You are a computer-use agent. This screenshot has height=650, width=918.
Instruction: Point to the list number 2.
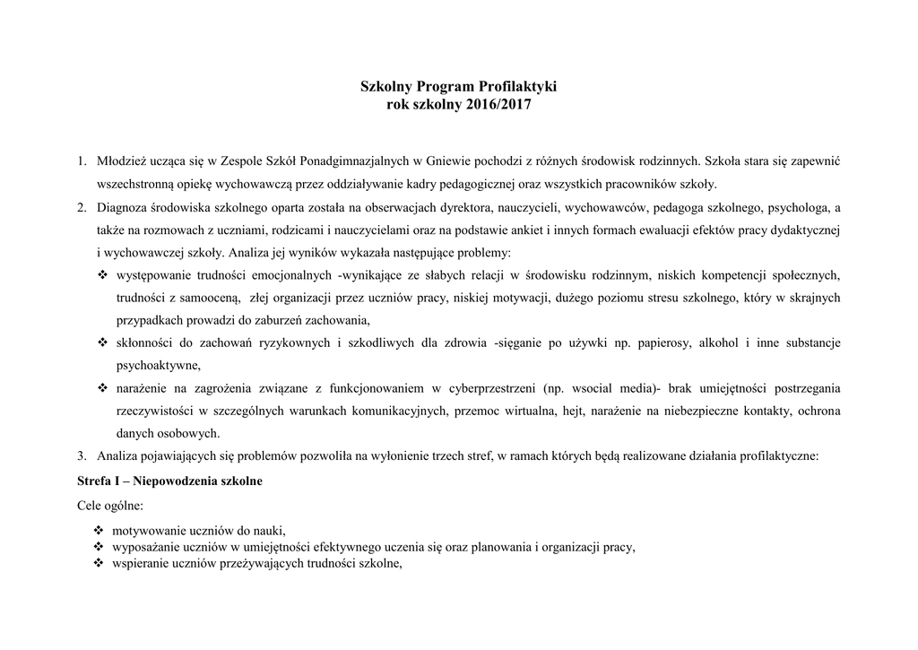tap(81, 208)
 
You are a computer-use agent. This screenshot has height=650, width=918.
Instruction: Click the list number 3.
tap(81, 455)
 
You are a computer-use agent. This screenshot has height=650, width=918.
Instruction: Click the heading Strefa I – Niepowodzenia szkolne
tap(170, 481)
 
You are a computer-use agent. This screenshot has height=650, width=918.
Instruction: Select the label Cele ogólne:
tap(110, 505)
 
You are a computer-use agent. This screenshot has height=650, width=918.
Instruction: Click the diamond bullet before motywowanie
tap(99, 528)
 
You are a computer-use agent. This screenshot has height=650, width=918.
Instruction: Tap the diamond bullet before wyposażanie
tap(99, 546)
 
